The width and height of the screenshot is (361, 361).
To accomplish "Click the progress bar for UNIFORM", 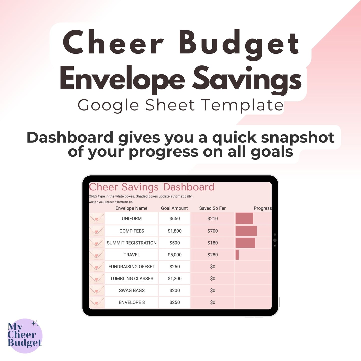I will pos(244,218).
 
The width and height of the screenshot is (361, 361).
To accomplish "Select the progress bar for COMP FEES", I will pos(246,231).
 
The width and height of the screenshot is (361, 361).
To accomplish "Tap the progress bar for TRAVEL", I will pos(237,255).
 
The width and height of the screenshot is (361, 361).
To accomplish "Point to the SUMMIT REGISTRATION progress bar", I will pos(245,243).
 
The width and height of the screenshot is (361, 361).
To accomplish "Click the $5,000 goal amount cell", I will pos(175,255).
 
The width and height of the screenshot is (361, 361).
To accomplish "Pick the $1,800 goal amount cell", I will pos(175,231).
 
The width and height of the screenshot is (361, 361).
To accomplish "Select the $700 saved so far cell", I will pos(213,231).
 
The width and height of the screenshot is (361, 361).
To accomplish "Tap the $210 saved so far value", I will pos(213,219).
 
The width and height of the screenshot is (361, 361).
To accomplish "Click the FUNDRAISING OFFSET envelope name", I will pos(132,267).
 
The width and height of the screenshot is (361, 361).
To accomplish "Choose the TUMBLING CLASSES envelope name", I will pos(132,279).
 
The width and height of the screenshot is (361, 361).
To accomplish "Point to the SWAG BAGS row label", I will pos(132,291).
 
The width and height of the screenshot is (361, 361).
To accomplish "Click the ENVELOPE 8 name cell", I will pos(132,302).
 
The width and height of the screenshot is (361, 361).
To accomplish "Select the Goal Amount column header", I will pos(174,208).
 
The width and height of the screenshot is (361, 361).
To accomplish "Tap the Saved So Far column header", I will pos(212,208).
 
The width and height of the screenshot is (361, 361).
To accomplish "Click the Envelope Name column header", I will pos(131,208).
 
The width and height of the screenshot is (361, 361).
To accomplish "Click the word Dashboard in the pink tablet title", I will pos(189,187).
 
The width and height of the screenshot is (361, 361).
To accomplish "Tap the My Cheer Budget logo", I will pos(25,336).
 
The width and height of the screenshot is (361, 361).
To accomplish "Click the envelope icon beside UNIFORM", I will pos(97,219).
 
